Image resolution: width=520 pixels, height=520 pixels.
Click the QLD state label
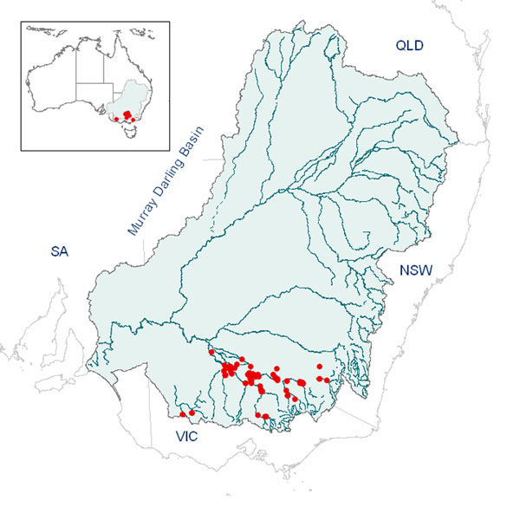(x=409, y=46)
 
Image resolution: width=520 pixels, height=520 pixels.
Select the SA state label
(x=59, y=252)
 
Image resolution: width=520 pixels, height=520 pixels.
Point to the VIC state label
(x=186, y=437)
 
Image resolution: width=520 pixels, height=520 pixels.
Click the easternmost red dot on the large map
(x=327, y=380)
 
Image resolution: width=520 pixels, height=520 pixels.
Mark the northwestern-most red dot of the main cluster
(x=210, y=352)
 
